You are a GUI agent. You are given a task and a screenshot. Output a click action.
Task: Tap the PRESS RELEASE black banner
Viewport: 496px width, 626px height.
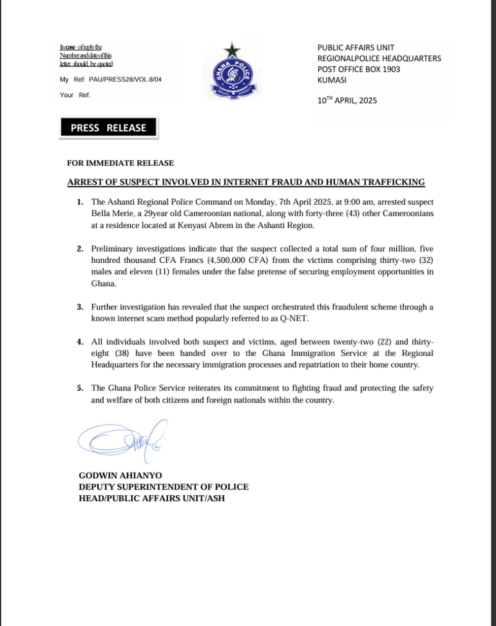(108, 128)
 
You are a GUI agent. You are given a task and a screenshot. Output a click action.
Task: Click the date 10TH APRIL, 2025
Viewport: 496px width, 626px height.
(347, 100)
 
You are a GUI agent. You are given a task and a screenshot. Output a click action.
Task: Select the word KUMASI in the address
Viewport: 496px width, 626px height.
(332, 79)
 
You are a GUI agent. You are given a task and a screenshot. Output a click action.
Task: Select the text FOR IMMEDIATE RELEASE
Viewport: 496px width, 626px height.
(120, 163)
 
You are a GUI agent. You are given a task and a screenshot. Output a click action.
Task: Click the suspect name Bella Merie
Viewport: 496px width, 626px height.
(113, 214)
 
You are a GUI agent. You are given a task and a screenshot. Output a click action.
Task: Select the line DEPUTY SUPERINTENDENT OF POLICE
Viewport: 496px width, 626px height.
(163, 487)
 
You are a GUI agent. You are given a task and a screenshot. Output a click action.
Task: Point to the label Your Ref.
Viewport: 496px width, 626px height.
(75, 95)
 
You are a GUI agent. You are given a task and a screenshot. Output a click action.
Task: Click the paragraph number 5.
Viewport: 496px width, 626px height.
(80, 388)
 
